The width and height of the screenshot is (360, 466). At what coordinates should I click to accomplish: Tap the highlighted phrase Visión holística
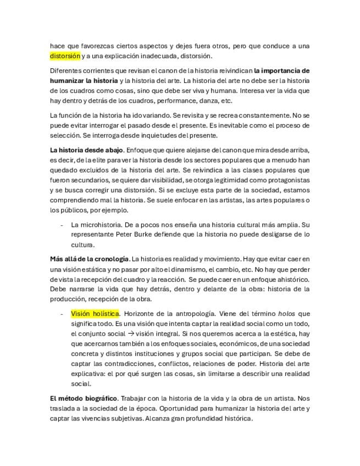pos(95,313)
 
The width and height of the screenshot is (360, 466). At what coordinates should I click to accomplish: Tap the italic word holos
pos(285,313)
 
